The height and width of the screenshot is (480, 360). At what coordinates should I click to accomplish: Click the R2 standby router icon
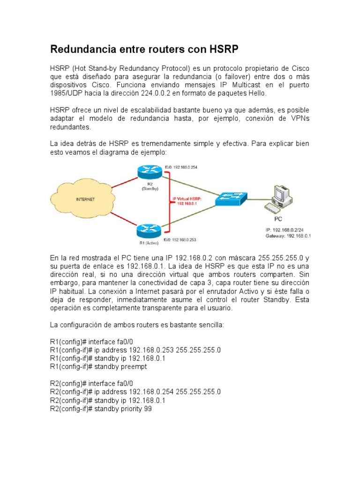tap(149, 172)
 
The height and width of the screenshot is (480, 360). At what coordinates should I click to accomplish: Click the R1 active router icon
tap(149, 230)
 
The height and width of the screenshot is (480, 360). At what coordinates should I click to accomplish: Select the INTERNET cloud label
tap(85, 199)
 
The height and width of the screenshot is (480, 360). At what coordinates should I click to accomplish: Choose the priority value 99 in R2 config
tap(148, 409)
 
